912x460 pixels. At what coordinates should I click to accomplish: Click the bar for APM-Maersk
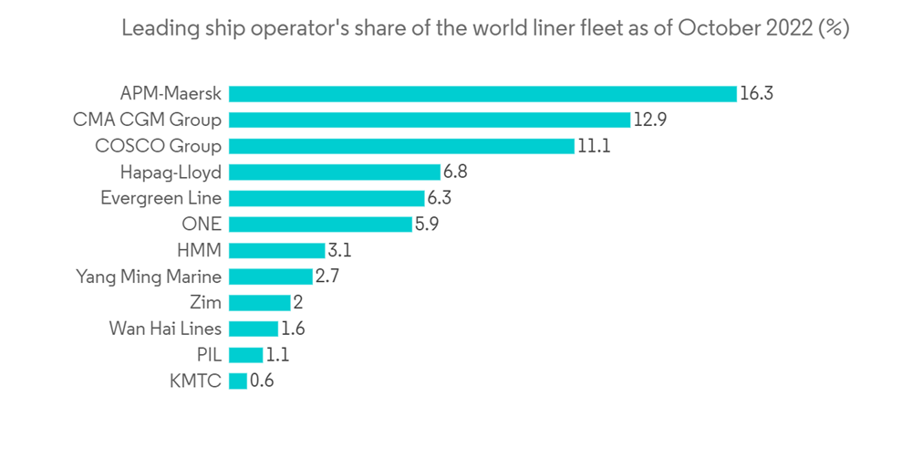482,93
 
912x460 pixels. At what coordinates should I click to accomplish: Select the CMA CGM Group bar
430,120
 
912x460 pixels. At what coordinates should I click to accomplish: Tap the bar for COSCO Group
401,146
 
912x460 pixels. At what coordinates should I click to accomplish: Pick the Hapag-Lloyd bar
335,172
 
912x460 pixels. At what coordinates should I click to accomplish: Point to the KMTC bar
238,382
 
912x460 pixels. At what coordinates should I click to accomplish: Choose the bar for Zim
260,303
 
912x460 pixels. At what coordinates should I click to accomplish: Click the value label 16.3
757,93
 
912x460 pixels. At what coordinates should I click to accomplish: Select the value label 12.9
650,120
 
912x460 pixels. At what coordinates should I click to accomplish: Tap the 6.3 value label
440,198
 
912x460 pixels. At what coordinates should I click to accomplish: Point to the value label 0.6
262,382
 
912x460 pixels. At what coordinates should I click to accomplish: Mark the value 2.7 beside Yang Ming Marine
327,277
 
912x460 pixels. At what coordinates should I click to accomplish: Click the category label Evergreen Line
161,198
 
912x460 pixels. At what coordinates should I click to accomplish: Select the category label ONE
202,224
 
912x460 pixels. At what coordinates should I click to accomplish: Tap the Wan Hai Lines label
165,329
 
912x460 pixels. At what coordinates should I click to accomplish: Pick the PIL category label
209,355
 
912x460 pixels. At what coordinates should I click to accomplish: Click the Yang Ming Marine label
149,277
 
